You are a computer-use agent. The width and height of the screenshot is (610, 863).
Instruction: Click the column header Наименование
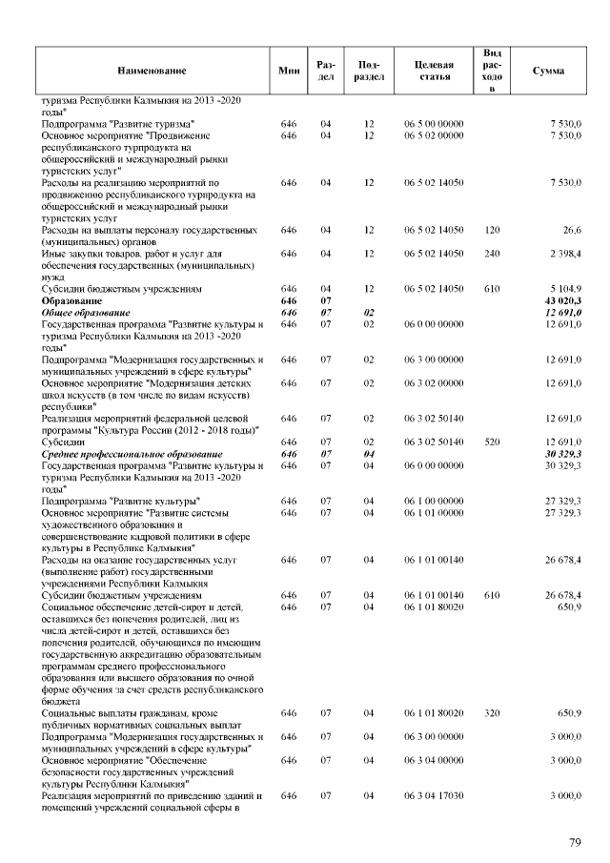(152, 71)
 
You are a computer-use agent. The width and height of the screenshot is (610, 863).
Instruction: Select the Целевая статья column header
(434, 71)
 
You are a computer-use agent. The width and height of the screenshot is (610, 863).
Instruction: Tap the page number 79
(575, 842)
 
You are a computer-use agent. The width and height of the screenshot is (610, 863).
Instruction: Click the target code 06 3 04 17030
(434, 793)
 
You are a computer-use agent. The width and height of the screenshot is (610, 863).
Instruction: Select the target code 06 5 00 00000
(434, 124)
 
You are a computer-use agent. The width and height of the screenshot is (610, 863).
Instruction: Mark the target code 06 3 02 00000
(434, 383)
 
